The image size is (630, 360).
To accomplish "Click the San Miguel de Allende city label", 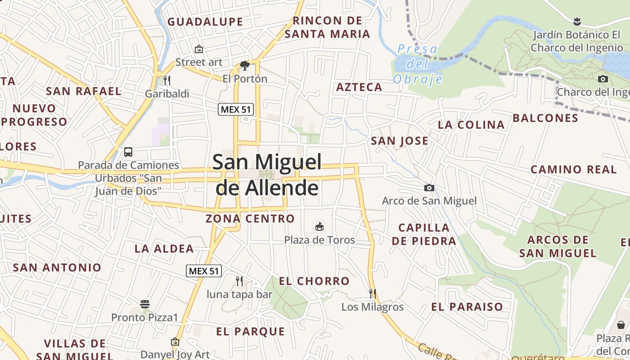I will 267,175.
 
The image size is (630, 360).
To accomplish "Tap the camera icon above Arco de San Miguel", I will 429,188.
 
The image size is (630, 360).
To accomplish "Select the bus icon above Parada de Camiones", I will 128,152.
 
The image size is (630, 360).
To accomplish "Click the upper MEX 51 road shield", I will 236,109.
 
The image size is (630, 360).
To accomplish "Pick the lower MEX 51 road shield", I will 204,271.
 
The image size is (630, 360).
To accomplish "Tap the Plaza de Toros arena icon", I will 319,226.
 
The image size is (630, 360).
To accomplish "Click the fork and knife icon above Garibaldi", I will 167,81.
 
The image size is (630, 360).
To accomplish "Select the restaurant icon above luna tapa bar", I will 239,281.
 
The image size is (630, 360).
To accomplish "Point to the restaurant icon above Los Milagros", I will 372,294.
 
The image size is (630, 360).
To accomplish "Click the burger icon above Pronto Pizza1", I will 145,304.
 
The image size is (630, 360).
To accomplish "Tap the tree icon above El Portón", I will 245,66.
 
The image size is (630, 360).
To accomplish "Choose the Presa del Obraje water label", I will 418,64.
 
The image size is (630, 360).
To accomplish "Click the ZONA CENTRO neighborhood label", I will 250,219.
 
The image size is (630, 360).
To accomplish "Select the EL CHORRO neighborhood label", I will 314,281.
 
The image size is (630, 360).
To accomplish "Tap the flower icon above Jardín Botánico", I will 576,21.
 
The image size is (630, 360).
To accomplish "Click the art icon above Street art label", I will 198,49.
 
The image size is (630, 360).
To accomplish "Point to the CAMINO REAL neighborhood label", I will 573,170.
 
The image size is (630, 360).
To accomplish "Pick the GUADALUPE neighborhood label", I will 205,22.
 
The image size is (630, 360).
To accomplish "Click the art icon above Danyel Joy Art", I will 175,342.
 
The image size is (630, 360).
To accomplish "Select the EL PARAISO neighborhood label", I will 467,307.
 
